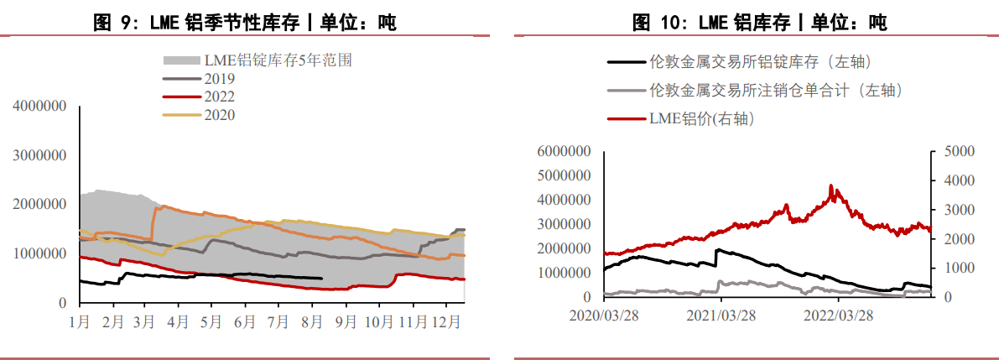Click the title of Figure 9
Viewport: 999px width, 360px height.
[244, 23]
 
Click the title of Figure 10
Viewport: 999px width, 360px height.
[758, 23]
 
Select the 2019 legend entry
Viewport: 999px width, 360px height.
[219, 78]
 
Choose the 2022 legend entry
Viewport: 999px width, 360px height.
[219, 97]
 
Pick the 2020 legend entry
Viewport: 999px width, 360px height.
[219, 115]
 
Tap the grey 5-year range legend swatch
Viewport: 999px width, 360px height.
[180, 60]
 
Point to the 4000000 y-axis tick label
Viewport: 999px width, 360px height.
[40, 107]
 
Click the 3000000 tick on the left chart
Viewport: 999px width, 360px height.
[40, 155]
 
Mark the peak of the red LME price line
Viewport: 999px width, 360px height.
[831, 185]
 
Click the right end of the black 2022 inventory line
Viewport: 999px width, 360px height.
[322, 278]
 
